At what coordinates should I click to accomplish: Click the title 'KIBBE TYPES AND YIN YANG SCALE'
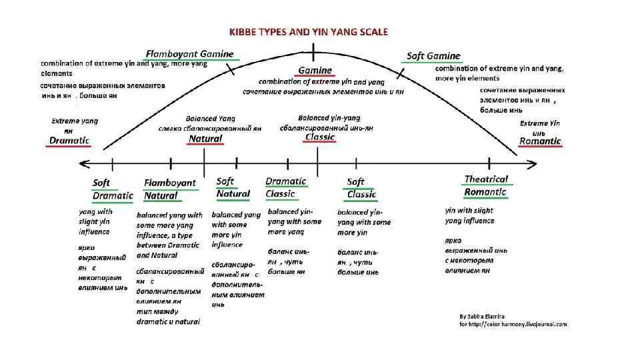[x=309, y=31]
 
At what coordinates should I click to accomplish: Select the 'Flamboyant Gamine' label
[x=190, y=53]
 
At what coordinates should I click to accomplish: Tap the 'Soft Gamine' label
[x=434, y=56]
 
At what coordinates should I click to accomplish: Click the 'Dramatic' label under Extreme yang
[x=69, y=141]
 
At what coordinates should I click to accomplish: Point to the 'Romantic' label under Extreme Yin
[x=540, y=141]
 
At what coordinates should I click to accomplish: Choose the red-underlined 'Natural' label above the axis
[x=205, y=139]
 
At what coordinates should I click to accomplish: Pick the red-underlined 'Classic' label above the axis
[x=320, y=137]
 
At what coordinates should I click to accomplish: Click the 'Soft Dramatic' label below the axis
[x=112, y=189]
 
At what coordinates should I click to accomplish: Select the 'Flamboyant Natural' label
[x=170, y=189]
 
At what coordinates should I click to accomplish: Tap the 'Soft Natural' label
[x=233, y=187]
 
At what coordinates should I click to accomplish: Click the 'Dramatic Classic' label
[x=285, y=187]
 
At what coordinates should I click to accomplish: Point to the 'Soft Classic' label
[x=361, y=188]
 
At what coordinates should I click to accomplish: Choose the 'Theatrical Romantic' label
[x=485, y=185]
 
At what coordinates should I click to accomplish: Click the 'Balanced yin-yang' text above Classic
[x=324, y=117]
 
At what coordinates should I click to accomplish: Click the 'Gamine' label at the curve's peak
[x=315, y=70]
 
